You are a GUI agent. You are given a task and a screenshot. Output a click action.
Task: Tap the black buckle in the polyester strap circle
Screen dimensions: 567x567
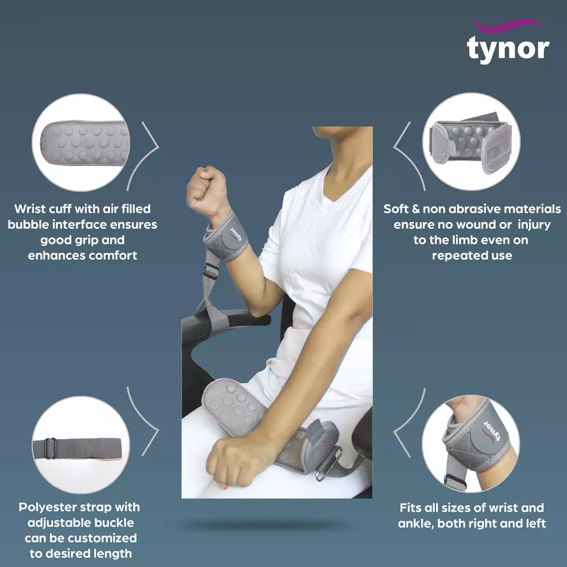50,448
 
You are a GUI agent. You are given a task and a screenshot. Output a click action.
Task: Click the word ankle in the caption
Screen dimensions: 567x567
416,523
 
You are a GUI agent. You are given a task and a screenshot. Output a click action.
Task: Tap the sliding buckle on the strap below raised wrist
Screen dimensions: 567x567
210,270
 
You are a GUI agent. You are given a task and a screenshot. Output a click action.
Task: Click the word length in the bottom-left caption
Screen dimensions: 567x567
112,553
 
